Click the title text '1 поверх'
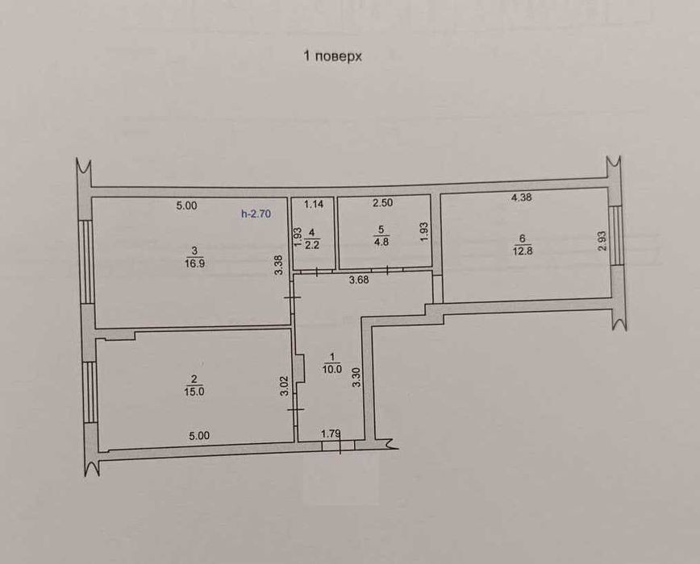click(x=332, y=56)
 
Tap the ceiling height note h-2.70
click(x=256, y=214)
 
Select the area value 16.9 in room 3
click(x=194, y=263)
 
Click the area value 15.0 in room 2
click(x=194, y=392)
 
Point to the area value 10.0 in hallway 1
click(x=332, y=369)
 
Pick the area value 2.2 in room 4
click(x=311, y=244)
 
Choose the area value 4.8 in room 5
click(x=381, y=243)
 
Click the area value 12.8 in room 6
click(x=523, y=251)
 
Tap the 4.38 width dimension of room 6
click(x=521, y=197)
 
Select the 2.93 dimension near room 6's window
click(x=602, y=241)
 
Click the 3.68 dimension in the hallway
click(x=359, y=280)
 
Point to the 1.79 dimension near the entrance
click(x=331, y=433)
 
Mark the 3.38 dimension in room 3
click(x=278, y=264)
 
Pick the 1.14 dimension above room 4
click(x=314, y=204)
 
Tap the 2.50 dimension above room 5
click(x=382, y=202)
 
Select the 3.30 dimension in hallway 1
click(x=356, y=378)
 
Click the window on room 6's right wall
click(x=616, y=235)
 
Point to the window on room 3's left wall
click(x=86, y=263)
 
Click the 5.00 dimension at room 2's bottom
click(x=199, y=436)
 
